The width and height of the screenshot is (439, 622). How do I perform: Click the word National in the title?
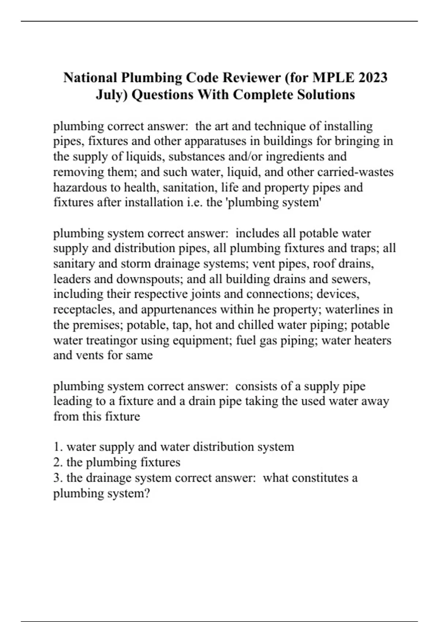[x=90, y=78]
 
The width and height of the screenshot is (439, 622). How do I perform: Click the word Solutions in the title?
[x=326, y=95]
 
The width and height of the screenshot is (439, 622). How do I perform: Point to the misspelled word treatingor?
[x=112, y=341]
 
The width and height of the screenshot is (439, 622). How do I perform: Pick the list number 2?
[x=58, y=462]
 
